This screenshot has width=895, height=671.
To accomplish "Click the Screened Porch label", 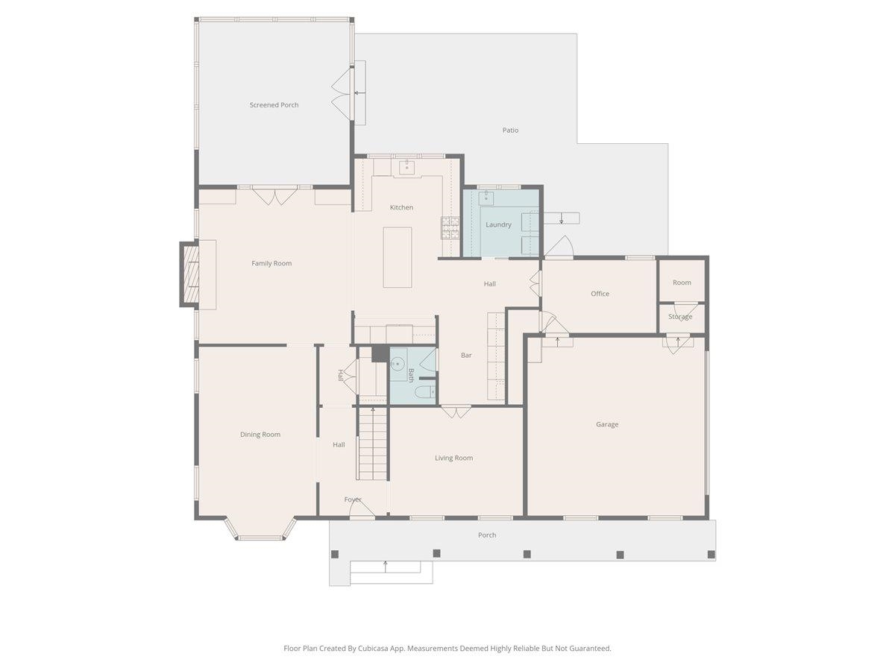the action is pyautogui.click(x=274, y=105).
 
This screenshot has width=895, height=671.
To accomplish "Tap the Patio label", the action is pyautogui.click(x=510, y=130).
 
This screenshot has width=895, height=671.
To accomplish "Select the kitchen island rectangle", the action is pyautogui.click(x=397, y=257).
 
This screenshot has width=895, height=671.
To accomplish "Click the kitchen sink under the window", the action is pyautogui.click(x=406, y=166).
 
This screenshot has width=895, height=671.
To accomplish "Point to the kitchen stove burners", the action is pyautogui.click(x=450, y=228).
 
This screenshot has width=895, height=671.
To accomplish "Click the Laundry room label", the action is pyautogui.click(x=498, y=224).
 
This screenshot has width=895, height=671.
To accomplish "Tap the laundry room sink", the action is pyautogui.click(x=486, y=198).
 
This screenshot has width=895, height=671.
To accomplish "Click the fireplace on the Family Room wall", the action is pyautogui.click(x=190, y=274).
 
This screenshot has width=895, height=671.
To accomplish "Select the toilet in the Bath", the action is pyautogui.click(x=425, y=392).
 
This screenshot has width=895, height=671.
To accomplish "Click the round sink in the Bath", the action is pyautogui.click(x=397, y=364).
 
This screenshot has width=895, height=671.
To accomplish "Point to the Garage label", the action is pyautogui.click(x=607, y=424).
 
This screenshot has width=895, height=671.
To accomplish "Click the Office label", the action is pyautogui.click(x=600, y=294).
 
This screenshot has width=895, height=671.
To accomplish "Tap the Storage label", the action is pyautogui.click(x=680, y=317).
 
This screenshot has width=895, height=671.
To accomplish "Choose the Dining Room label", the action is pyautogui.click(x=260, y=435).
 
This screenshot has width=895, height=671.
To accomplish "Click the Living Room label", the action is pyautogui.click(x=453, y=458).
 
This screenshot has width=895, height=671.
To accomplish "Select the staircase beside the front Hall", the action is pyautogui.click(x=372, y=444).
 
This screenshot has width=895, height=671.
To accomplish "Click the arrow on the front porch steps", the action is pyautogui.click(x=386, y=567).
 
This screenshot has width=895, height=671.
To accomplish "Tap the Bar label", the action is pyautogui.click(x=466, y=356).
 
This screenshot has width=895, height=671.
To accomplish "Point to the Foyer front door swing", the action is pyautogui.click(x=362, y=509).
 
